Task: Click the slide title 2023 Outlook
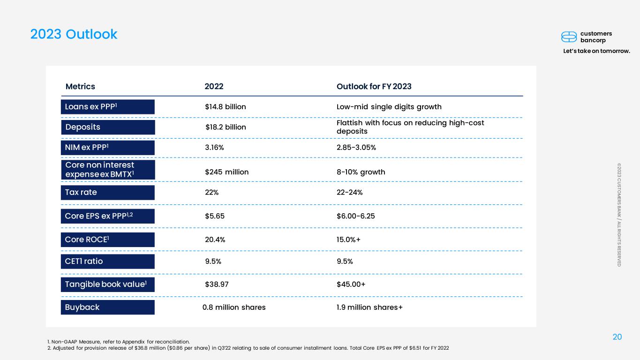74,34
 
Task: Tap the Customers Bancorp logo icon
569,37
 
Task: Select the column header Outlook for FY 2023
374,86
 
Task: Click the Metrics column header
80,86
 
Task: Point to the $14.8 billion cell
226,107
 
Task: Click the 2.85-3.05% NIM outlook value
356,148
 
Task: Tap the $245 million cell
227,172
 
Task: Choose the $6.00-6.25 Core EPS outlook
356,216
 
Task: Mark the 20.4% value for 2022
215,240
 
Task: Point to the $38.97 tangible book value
217,284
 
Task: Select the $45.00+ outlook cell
351,284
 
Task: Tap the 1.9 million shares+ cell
370,307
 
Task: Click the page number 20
617,337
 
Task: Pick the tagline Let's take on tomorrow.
596,51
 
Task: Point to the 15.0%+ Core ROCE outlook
348,240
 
